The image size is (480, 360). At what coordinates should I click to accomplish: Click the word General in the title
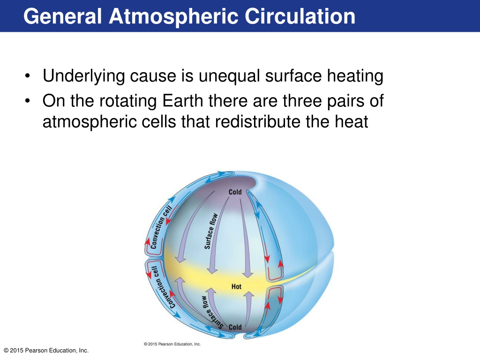pos(62,16)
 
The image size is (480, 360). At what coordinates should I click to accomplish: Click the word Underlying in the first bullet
pos(83,76)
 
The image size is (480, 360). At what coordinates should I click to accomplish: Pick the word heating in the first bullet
pos(355,76)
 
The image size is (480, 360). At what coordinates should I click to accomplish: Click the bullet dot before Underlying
pos(28,76)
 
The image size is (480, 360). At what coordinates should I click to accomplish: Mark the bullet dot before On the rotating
pos(28,101)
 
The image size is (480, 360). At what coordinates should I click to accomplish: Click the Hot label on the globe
pos(236,286)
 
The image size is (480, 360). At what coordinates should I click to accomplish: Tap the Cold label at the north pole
pos(235,192)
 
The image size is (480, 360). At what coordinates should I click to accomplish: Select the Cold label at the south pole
pos(235,327)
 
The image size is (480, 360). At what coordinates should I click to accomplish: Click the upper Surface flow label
pos(211,231)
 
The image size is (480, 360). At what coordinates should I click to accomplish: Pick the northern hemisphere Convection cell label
pos(161,227)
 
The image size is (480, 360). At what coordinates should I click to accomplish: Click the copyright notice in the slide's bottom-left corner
pos(46,351)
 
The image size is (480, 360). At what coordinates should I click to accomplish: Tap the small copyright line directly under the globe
pos(172,344)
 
